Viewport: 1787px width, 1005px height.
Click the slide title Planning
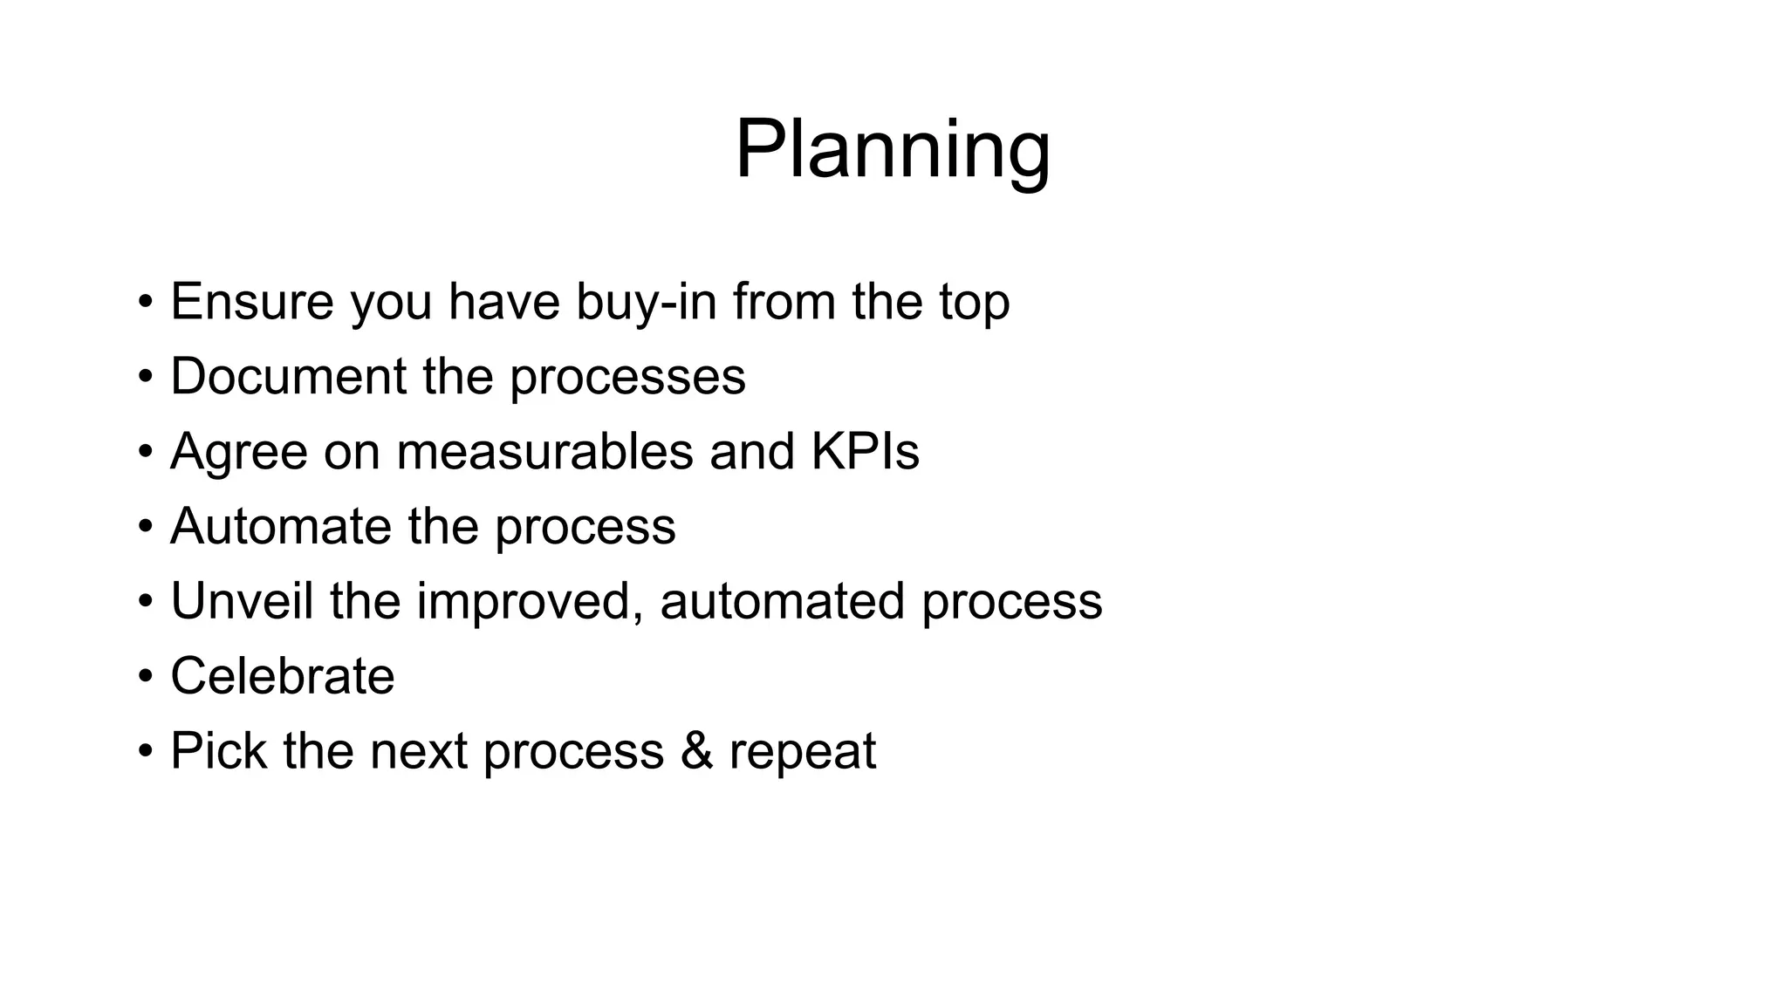pos(893,150)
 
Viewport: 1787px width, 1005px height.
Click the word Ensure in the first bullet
pos(251,301)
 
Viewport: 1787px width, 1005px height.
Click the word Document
pos(288,376)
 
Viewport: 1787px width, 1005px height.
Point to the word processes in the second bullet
pos(627,378)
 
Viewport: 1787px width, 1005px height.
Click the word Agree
pos(238,453)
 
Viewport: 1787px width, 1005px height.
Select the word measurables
pos(544,452)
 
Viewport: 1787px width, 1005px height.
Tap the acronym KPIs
pos(865,451)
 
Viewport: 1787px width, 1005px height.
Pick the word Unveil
pos(242,601)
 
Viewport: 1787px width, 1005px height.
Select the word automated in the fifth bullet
pos(782,601)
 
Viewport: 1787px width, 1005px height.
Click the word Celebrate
pos(282,676)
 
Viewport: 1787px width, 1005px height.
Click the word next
pos(418,752)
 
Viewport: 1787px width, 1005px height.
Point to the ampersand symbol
pos(695,751)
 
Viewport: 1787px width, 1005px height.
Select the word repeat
pos(802,753)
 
